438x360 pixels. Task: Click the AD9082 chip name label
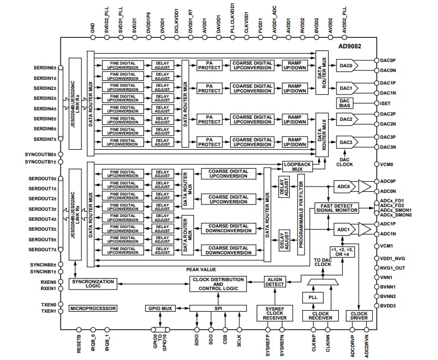(351, 46)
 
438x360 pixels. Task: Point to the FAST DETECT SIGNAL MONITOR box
(337, 208)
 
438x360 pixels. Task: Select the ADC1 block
(343, 230)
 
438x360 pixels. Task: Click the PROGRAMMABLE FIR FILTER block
(301, 215)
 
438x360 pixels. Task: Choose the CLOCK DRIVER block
(359, 316)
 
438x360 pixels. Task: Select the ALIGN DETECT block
(275, 282)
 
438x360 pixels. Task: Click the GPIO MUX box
(160, 308)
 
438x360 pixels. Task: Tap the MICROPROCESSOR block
(93, 308)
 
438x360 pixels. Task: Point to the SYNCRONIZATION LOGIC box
(92, 284)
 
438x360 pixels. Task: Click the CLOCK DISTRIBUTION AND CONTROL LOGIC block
(218, 284)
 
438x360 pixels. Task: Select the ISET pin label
(385, 104)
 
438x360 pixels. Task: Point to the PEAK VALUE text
(201, 270)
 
